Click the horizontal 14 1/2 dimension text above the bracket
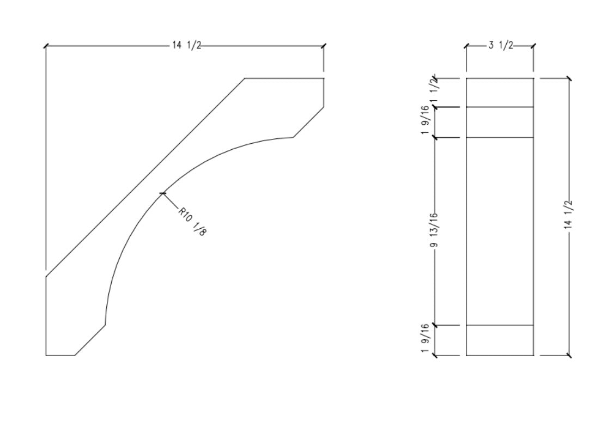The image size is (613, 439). coord(187,46)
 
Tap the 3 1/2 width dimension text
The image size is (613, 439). coord(500,46)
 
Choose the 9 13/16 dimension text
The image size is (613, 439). coord(435,231)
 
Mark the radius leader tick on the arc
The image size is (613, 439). coord(162,193)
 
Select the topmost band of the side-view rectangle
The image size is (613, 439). coord(500,93)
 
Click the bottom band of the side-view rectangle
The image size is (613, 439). coord(500,340)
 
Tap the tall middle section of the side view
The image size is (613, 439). coord(500,231)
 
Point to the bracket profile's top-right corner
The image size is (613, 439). coord(324,78)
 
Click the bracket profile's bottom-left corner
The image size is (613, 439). coord(46,356)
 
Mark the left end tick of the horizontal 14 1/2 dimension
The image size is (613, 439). coord(46,46)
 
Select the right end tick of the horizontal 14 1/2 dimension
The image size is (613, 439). coord(324,46)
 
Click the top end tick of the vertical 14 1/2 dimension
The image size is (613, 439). coord(569,78)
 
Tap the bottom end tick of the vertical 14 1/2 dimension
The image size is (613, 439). coord(569,356)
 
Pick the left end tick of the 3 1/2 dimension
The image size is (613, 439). coord(466,46)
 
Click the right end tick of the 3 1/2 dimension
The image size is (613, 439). coord(533,46)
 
